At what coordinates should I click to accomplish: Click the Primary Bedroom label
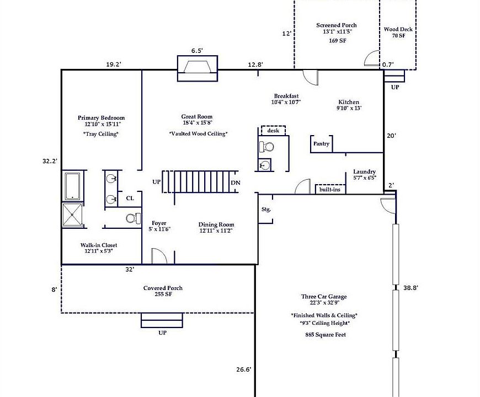(x=101, y=118)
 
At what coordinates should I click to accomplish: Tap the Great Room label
(x=196, y=116)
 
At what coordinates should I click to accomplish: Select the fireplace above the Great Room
(x=198, y=68)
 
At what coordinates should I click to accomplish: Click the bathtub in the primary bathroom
(x=72, y=186)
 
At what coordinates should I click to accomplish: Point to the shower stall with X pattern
(x=72, y=215)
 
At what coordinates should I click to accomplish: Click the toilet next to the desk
(x=266, y=147)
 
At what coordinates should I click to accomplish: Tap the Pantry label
(x=321, y=144)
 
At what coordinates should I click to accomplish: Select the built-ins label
(x=330, y=190)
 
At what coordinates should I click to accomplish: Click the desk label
(x=273, y=131)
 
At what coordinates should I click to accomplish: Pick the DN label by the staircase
(x=236, y=183)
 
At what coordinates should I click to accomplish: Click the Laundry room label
(x=364, y=171)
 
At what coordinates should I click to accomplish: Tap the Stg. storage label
(x=266, y=210)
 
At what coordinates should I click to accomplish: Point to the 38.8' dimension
(x=410, y=288)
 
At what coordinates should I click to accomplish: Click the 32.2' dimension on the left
(x=50, y=161)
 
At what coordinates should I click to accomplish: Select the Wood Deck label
(x=398, y=29)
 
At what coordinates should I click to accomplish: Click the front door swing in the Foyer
(x=159, y=255)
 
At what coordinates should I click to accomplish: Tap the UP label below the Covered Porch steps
(x=162, y=333)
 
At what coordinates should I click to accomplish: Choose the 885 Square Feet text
(x=326, y=335)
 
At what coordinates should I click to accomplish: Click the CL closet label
(x=130, y=198)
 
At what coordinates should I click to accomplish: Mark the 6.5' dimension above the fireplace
(x=197, y=51)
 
